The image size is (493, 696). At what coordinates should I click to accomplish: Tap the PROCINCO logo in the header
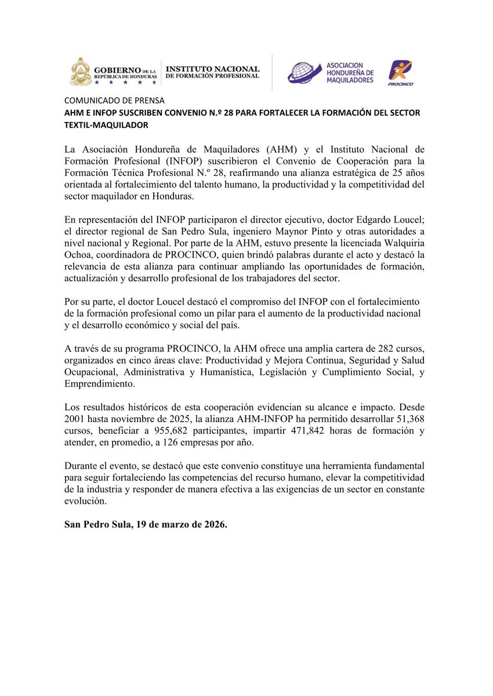tap(401, 72)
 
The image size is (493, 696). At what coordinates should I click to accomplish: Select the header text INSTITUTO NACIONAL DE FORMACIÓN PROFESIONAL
tap(212, 72)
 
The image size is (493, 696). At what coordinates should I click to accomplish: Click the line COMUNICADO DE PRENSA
tap(114, 100)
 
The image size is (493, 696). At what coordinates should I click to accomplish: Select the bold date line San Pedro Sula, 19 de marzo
tap(146, 525)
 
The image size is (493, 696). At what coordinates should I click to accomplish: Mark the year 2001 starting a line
tap(74, 419)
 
